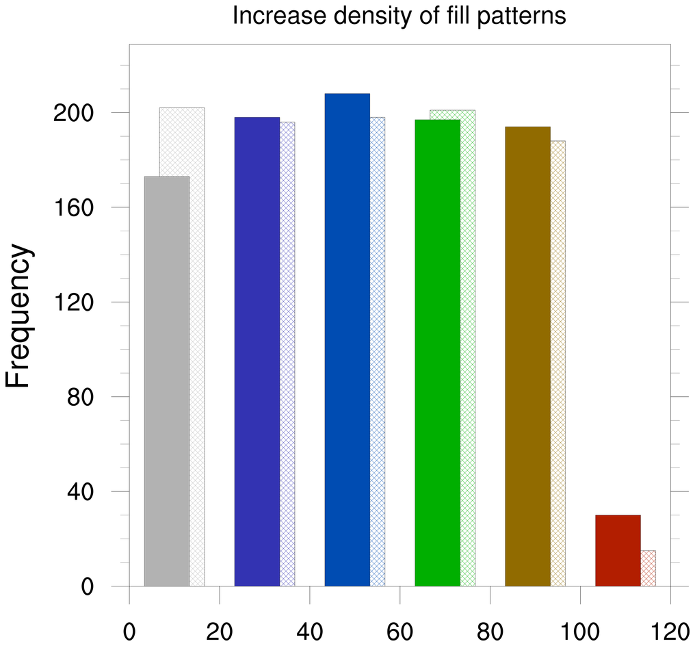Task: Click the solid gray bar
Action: (x=166, y=380)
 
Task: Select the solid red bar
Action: (x=618, y=550)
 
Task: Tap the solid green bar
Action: (x=437, y=352)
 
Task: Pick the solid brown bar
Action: (x=527, y=356)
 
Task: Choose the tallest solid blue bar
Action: (x=347, y=339)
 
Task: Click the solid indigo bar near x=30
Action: (x=257, y=351)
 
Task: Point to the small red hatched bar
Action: (x=648, y=568)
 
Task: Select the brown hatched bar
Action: (x=558, y=363)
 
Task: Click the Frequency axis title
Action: (x=19, y=316)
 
